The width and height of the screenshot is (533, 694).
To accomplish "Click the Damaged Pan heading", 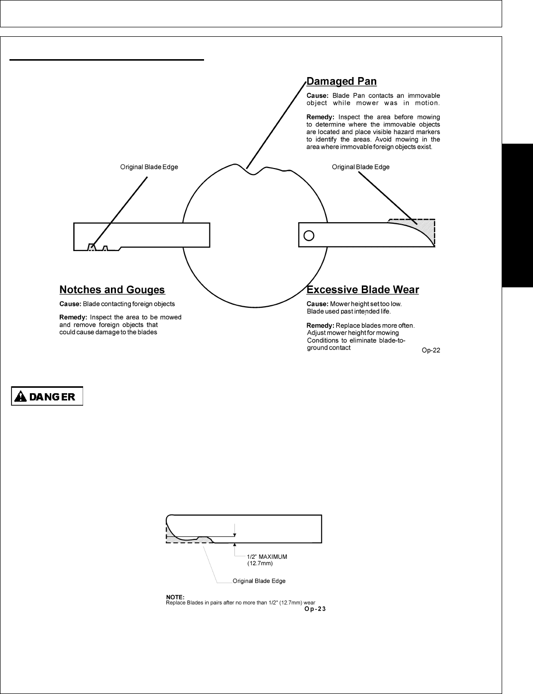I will coord(341,81).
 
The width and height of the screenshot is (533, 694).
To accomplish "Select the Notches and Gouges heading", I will coord(112,290).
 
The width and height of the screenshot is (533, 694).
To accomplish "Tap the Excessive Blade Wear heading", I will coord(363,290).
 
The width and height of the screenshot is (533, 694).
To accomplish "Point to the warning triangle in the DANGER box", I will coord(20,397).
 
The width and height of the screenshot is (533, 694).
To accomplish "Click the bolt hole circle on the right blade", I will coord(309,235).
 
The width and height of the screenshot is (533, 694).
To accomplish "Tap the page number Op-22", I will coord(431,350).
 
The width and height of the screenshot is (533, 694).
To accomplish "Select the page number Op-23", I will coord(315,609).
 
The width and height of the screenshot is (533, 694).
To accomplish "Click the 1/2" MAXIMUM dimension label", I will coord(267,557).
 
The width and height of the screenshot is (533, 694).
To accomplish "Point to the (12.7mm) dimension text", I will coord(260,563).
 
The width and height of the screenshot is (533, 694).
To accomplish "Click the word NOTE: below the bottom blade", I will coord(175,597).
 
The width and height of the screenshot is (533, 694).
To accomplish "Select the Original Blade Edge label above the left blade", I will coord(149,167).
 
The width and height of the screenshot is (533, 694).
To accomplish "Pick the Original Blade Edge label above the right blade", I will coord(360,167).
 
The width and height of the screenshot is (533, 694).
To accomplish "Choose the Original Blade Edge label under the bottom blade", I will coord(259,581).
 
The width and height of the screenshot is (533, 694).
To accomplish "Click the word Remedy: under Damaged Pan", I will coord(320,117).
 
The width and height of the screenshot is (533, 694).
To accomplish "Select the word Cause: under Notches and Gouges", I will coord(70,304).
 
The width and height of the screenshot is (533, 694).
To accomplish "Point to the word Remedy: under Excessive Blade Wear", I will coord(320,326).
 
